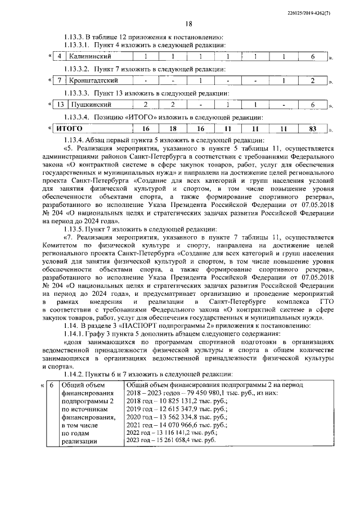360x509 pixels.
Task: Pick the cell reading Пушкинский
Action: [90, 105]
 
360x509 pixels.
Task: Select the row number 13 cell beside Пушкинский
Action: [59, 105]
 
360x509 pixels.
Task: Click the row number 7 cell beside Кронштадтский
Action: [59, 81]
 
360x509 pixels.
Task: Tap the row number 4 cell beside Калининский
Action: [59, 57]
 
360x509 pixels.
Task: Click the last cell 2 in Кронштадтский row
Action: [312, 81]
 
